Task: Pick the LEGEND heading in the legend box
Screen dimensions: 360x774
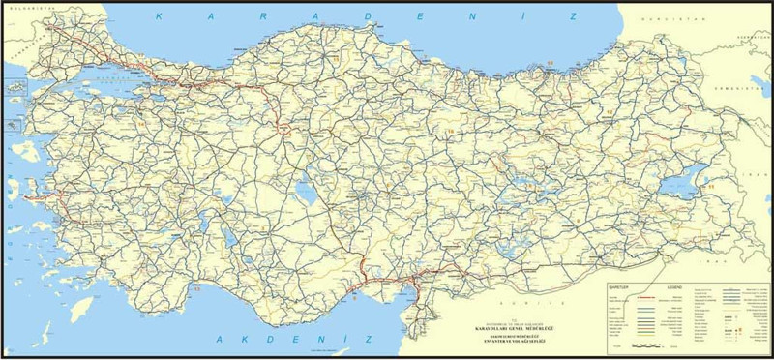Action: coord(670,288)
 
